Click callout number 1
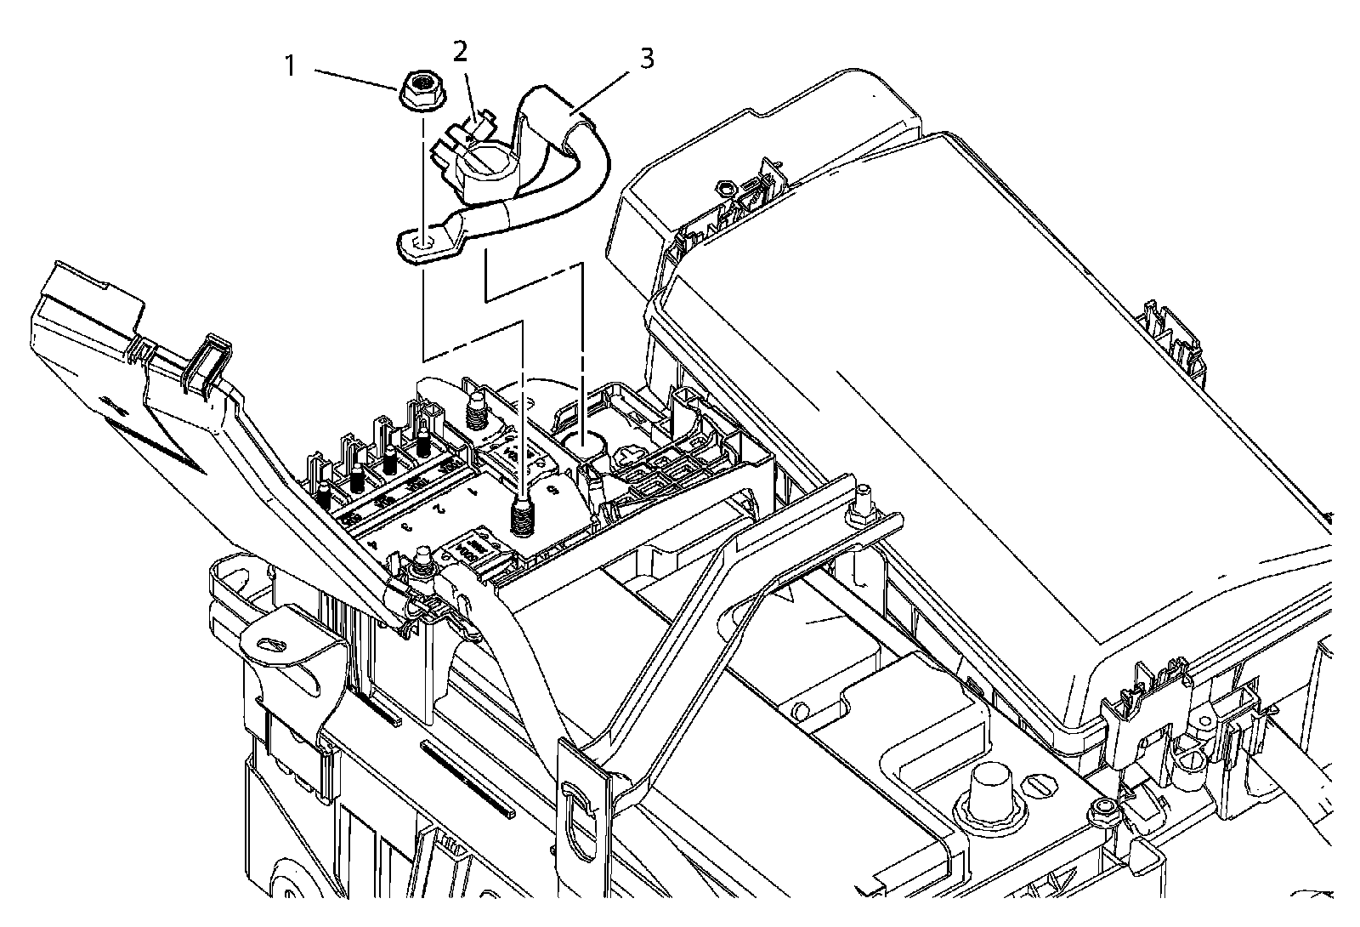[291, 65]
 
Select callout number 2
[460, 52]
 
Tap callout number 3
[647, 59]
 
